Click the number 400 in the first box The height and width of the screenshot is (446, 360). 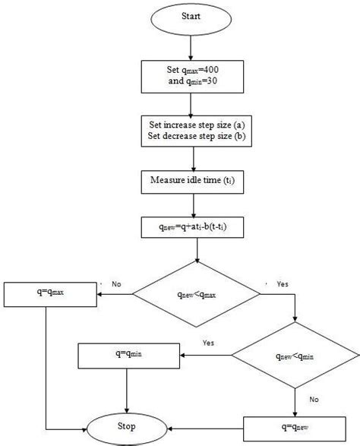coord(213,69)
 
